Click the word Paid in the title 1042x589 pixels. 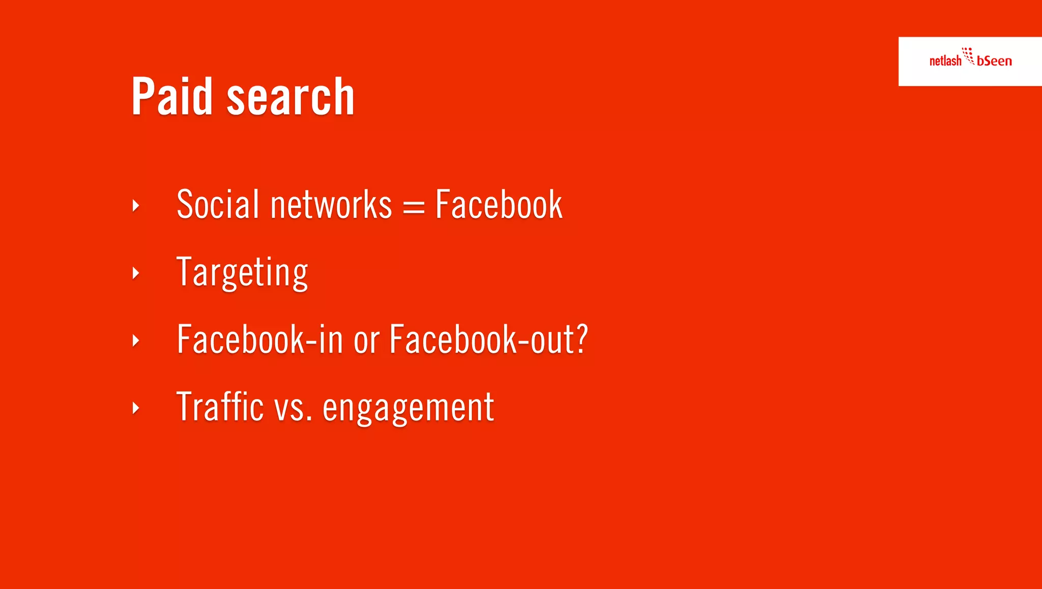tap(171, 96)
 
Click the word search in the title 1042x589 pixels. tap(290, 97)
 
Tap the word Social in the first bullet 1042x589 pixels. tap(218, 205)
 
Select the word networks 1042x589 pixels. tap(331, 205)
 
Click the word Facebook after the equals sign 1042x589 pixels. tap(499, 205)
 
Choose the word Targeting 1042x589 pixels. tap(242, 273)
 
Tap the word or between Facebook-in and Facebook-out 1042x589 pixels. tap(366, 341)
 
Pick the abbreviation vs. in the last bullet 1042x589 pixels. tap(293, 408)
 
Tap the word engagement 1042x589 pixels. tap(408, 408)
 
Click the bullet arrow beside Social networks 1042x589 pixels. tap(135, 206)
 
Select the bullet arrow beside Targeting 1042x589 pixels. tap(135, 273)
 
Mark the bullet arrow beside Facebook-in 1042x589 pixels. tap(135, 341)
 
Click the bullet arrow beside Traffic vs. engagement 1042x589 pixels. tap(135, 408)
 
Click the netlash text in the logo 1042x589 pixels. tap(945, 61)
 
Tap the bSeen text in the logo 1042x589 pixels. tap(994, 61)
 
